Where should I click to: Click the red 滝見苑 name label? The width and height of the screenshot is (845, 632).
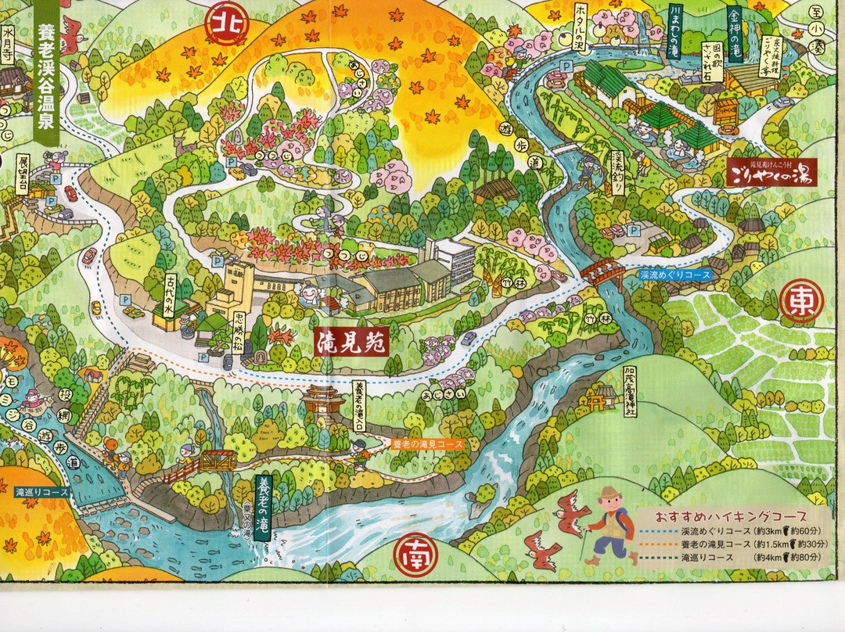point(352,341)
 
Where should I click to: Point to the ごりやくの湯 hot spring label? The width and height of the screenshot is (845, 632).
point(770,173)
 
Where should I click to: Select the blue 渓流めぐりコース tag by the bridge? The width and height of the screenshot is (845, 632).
point(674,275)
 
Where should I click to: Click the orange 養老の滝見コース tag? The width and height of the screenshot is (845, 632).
point(427,443)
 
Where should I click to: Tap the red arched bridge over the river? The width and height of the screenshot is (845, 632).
point(602,272)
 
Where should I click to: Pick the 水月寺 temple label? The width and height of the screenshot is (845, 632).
point(9,46)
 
